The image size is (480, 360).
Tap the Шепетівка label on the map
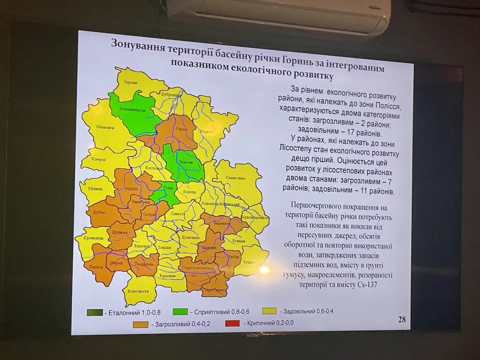click(190, 237)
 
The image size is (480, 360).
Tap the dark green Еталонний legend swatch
click(95, 312)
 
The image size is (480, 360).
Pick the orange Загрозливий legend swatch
click(142, 324)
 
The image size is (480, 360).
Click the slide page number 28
click(402, 319)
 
